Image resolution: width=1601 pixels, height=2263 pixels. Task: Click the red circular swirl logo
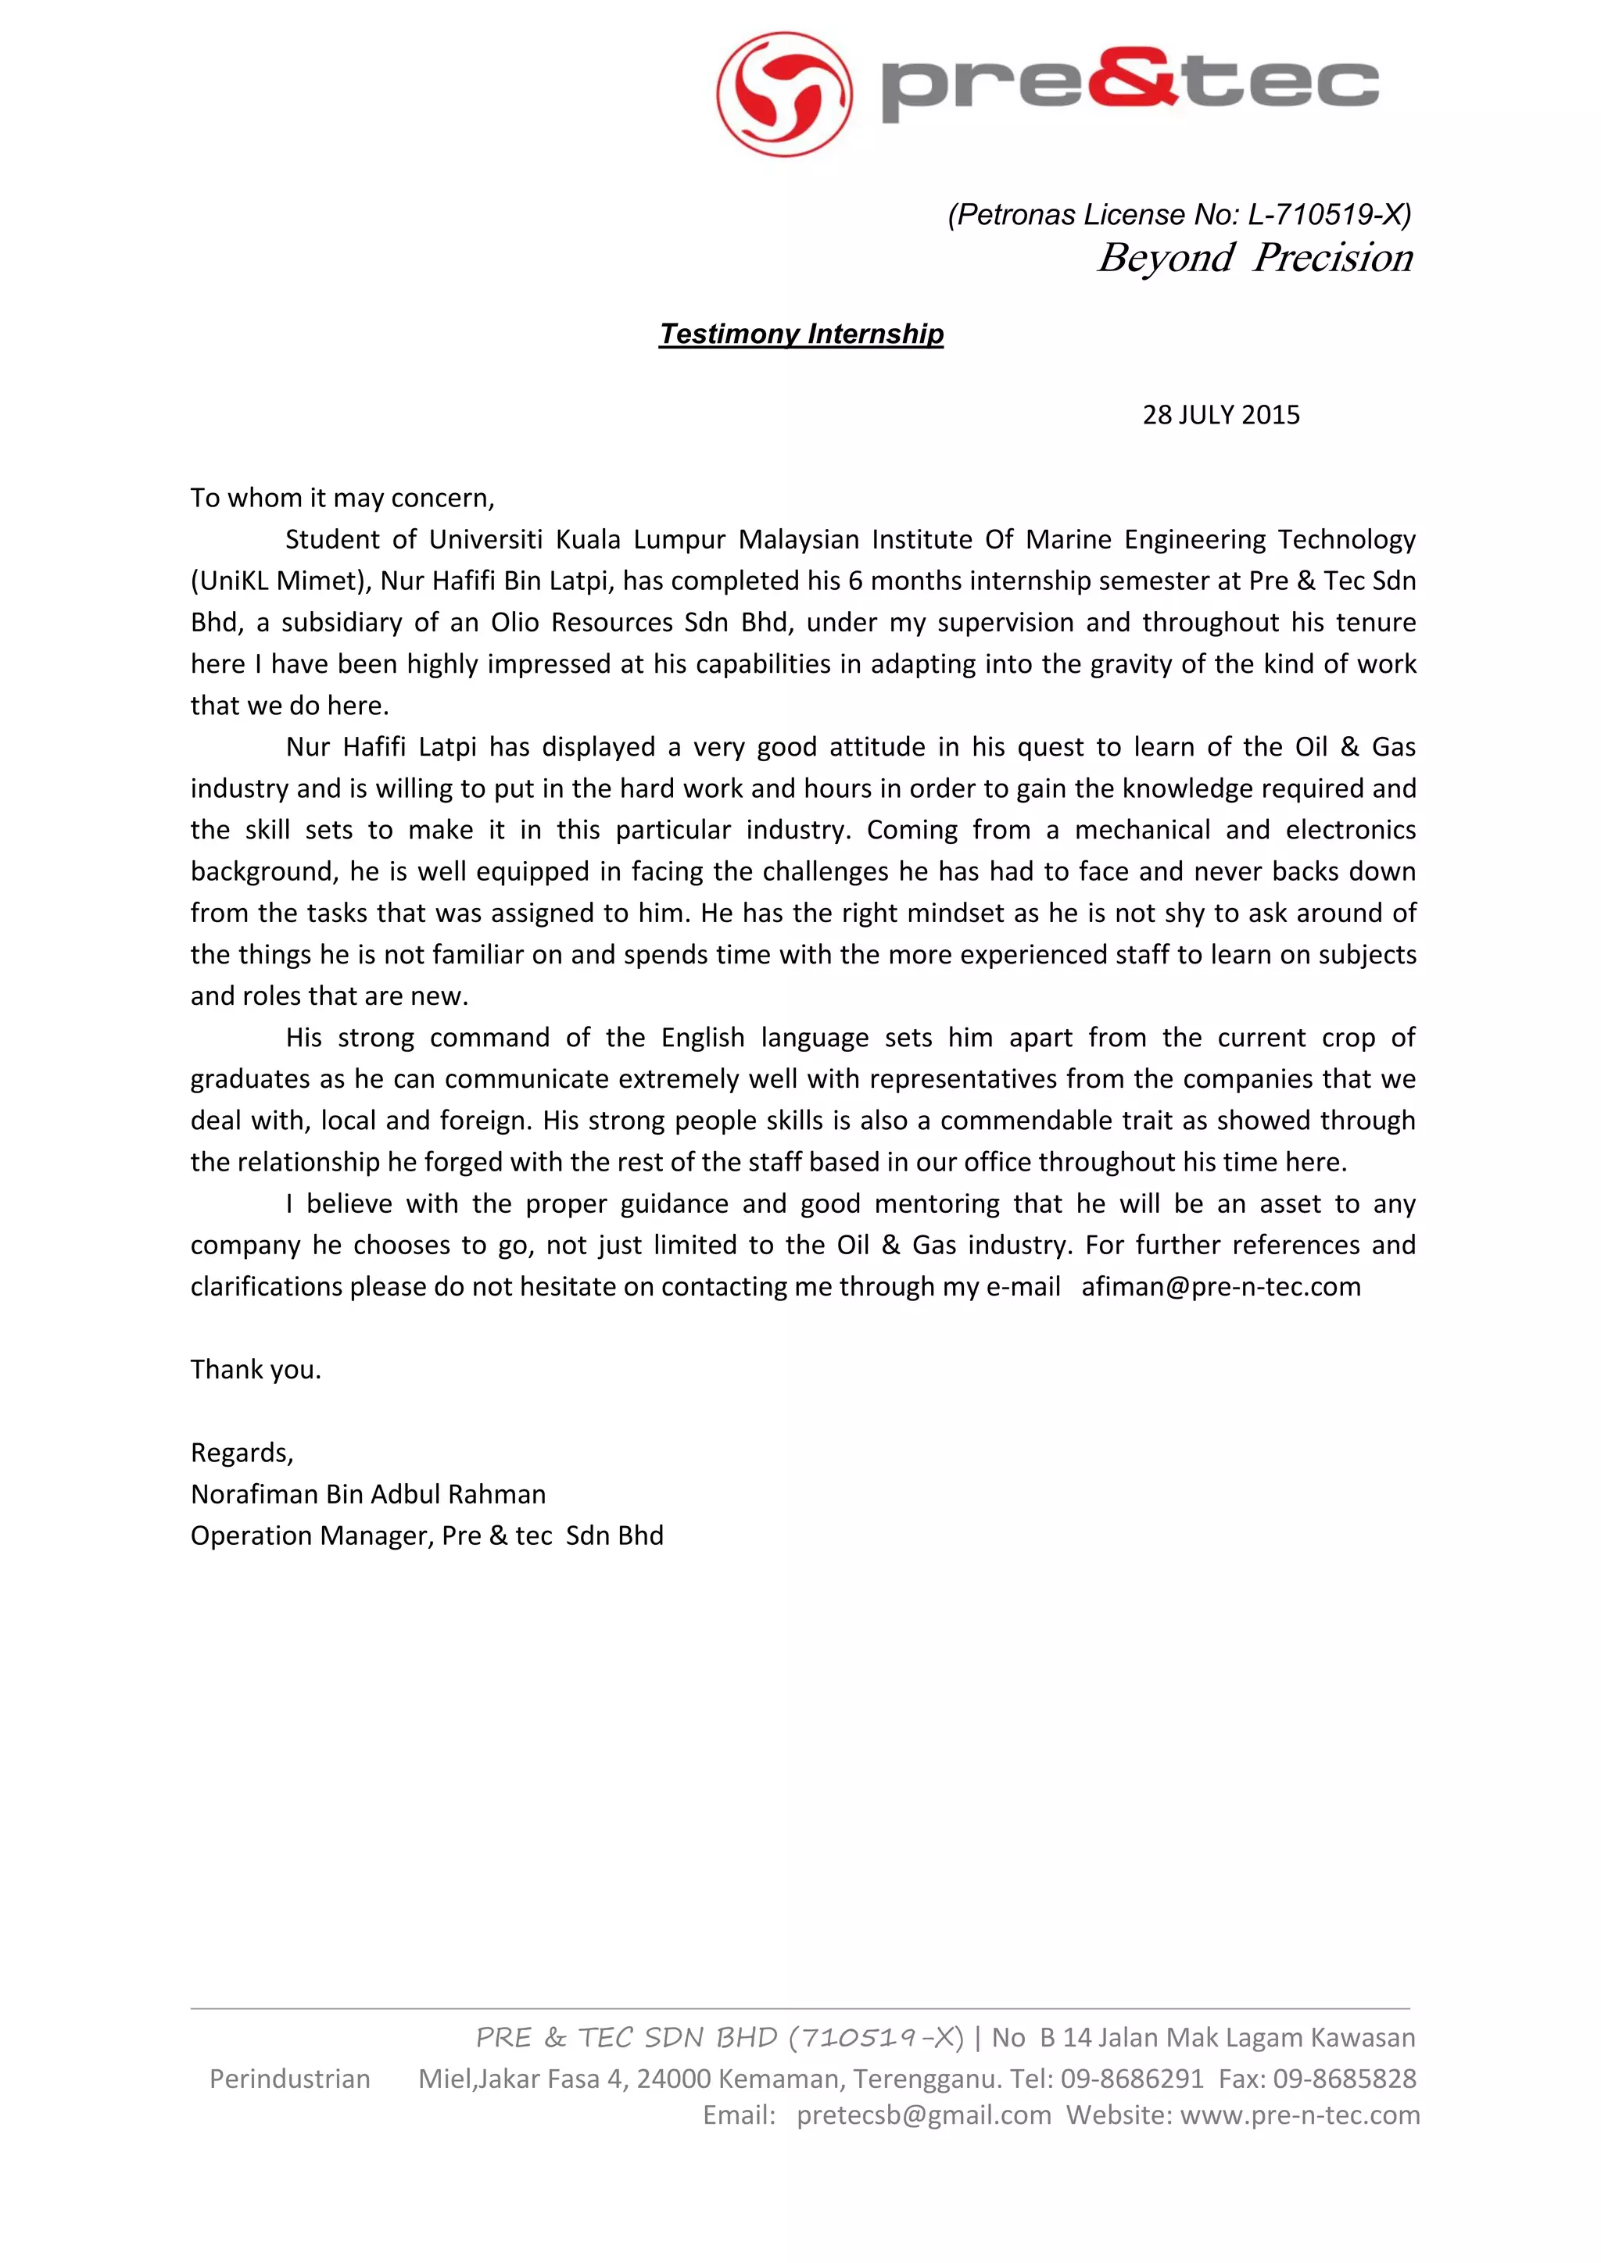coord(785,94)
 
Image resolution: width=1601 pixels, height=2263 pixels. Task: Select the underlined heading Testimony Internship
coord(801,334)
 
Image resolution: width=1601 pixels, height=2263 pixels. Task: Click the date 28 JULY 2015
coord(1220,415)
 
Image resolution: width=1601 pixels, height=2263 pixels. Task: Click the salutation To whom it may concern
coord(342,498)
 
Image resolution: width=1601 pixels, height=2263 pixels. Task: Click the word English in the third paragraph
coord(703,1038)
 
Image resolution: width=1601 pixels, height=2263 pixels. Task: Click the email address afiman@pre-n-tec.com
coord(1220,1287)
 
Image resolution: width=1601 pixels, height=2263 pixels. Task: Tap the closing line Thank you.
coord(256,1370)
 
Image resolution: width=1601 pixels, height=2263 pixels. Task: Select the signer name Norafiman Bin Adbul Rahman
coord(367,1494)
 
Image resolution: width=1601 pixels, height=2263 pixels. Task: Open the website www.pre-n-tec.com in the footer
coord(1299,2115)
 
